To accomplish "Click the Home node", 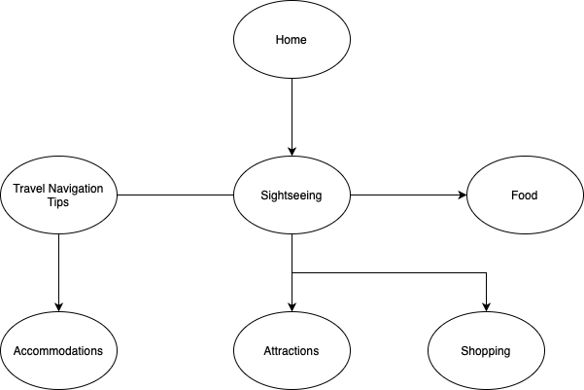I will click(x=292, y=40).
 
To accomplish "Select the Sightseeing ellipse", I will click(x=292, y=195).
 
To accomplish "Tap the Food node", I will click(x=525, y=195).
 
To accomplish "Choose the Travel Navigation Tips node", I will click(x=58, y=195).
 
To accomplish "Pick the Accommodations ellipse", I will click(x=58, y=350).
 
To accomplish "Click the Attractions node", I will click(x=292, y=350).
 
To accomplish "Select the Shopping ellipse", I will click(x=486, y=350).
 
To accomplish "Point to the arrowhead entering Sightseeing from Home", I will click(x=292, y=151).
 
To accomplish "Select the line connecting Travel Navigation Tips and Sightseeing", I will click(x=175, y=195).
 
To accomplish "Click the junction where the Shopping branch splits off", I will click(x=292, y=273).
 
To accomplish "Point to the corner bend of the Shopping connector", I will click(x=486, y=273).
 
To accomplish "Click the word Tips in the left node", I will click(x=58, y=203).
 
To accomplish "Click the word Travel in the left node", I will click(x=29, y=188).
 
